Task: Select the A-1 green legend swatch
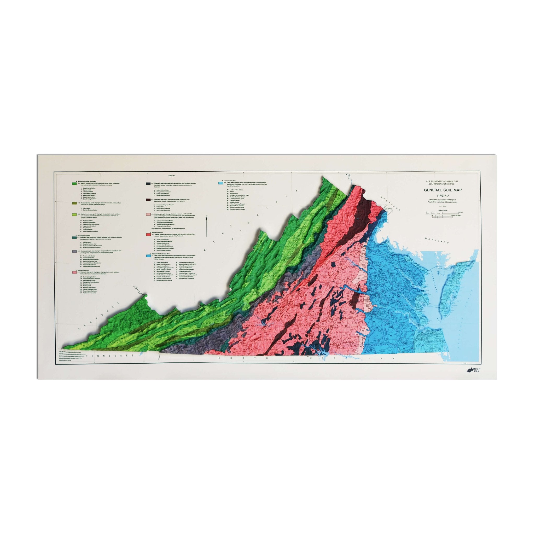74,183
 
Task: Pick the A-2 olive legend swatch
74,203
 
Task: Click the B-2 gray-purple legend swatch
74,251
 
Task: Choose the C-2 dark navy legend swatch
148,183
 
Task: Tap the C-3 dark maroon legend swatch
148,199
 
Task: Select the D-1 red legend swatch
148,234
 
